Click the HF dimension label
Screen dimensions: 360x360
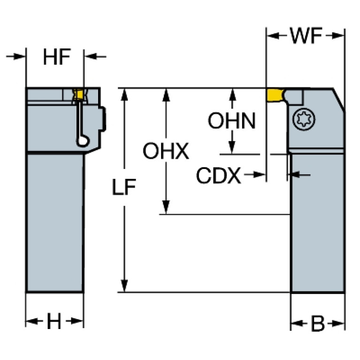click(57, 57)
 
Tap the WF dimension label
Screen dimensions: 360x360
click(306, 36)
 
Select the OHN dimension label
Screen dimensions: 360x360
click(232, 121)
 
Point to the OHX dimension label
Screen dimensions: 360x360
click(166, 151)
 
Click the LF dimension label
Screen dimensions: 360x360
click(124, 187)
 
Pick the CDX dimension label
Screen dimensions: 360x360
click(219, 176)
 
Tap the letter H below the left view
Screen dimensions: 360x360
click(54, 321)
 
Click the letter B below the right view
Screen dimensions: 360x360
click(318, 323)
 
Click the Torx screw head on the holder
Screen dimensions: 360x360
click(304, 119)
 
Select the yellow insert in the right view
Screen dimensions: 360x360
click(275, 95)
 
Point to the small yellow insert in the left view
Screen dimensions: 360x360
click(80, 94)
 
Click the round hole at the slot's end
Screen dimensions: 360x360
click(83, 141)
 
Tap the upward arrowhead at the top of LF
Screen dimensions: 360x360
click(124, 94)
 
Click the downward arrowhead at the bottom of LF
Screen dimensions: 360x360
click(124, 286)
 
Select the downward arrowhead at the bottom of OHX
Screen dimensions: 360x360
click(166, 207)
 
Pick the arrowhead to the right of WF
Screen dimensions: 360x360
click(338, 36)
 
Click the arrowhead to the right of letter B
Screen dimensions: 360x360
click(338, 323)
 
